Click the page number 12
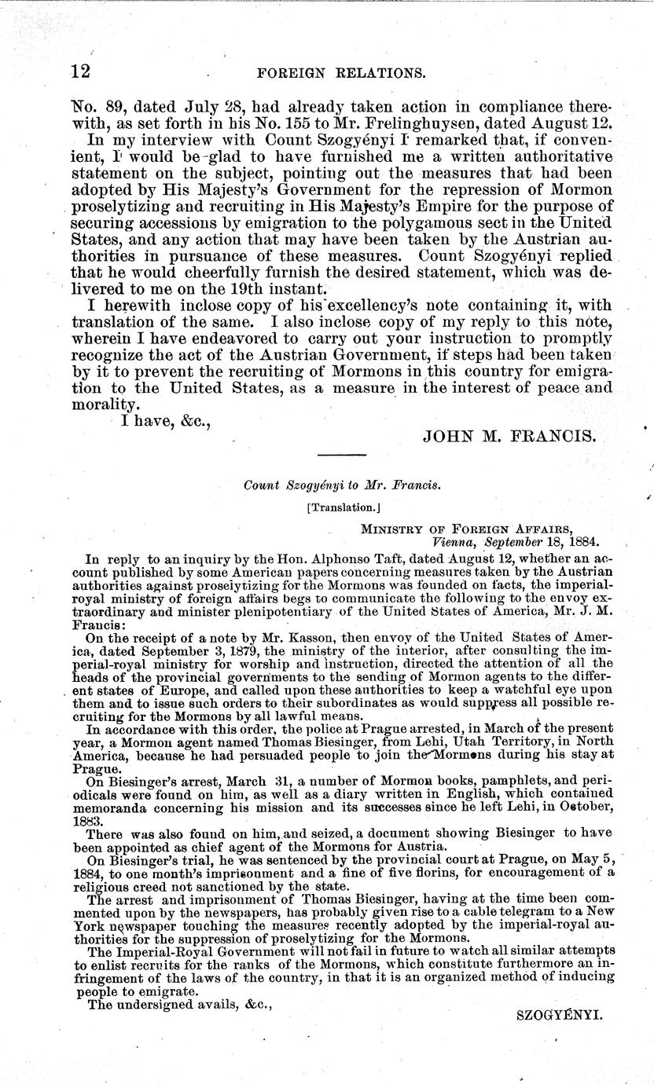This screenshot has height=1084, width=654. pos(79,71)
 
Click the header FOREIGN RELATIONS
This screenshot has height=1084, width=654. pos(341,73)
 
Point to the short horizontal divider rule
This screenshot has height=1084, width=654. pos(341,455)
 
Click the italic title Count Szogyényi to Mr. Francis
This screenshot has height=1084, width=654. pos(342,485)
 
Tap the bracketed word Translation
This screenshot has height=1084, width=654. pos(340,507)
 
